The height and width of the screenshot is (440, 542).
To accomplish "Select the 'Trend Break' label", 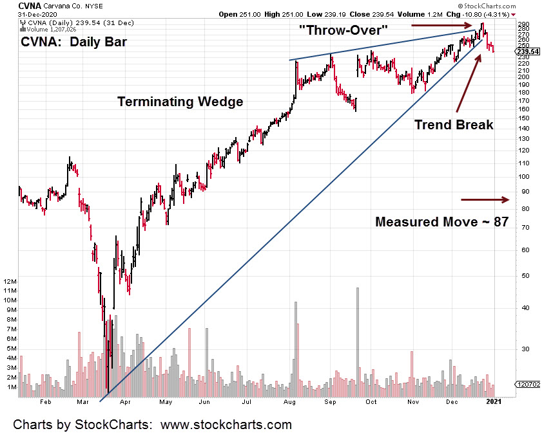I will pos(454,125).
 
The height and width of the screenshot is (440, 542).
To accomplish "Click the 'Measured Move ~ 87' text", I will pos(442,222).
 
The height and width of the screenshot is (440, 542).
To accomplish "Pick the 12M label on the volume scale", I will pos(10,282).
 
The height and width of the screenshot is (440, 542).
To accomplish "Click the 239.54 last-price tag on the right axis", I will pos(527,52).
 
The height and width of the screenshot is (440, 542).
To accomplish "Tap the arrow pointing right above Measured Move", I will pos(485,199).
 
